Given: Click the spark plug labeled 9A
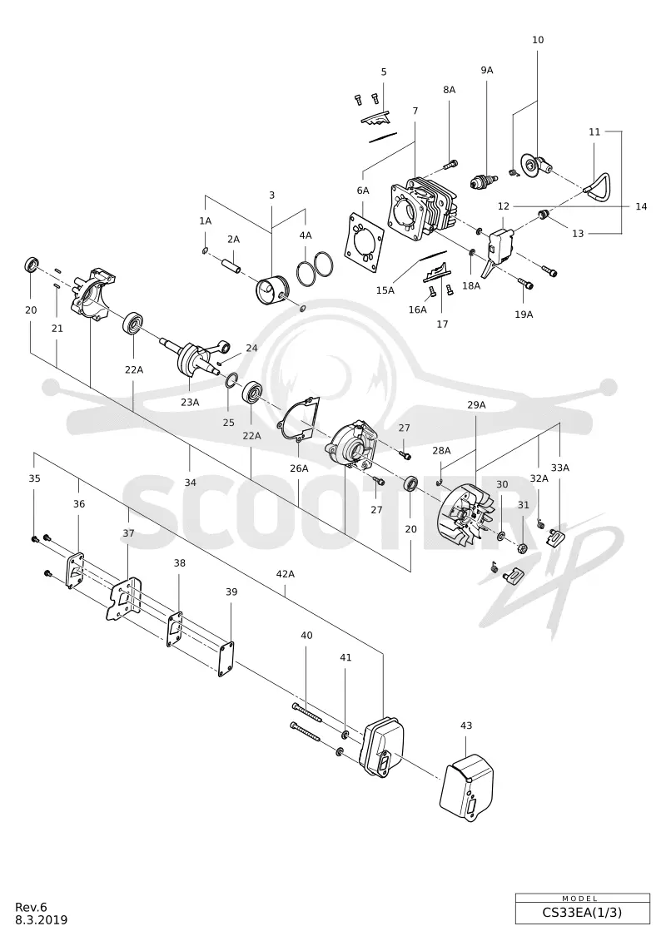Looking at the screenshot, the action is point(484,180).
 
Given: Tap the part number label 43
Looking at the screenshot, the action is point(466,726).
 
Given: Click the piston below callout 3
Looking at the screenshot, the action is point(273,293).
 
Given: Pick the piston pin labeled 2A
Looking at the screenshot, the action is point(231,264).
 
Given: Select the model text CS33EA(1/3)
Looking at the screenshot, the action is point(582,912).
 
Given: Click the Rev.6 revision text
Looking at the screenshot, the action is point(31,907).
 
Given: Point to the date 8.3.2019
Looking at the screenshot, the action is point(42,920).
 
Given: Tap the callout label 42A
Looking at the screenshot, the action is point(286,574).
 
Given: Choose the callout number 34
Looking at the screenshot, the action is point(191,483).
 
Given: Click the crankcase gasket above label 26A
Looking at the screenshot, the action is point(299,419).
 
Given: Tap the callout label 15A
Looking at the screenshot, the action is point(385,290).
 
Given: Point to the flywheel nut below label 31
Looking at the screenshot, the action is point(523,547).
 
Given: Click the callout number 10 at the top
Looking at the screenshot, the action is point(538,40).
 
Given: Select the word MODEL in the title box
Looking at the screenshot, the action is point(579,899).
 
